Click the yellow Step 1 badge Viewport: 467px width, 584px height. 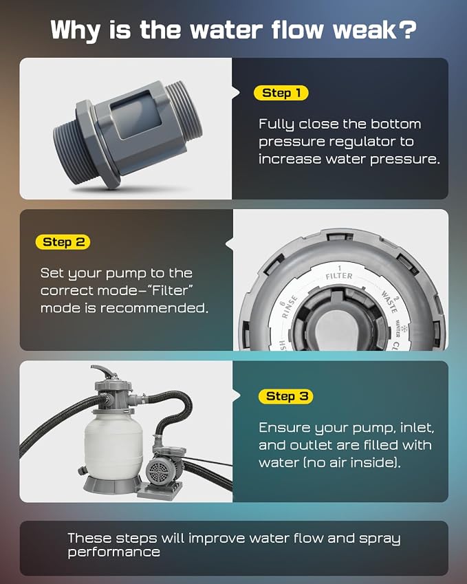point(281,93)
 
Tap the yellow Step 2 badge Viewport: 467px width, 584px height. point(63,242)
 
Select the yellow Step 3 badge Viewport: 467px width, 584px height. point(285,396)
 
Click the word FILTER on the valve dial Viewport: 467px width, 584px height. point(339,276)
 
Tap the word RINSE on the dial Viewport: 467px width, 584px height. point(290,307)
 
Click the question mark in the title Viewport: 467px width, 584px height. point(407,30)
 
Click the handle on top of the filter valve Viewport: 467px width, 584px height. point(104,371)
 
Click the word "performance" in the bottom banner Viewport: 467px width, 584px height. point(114,552)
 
